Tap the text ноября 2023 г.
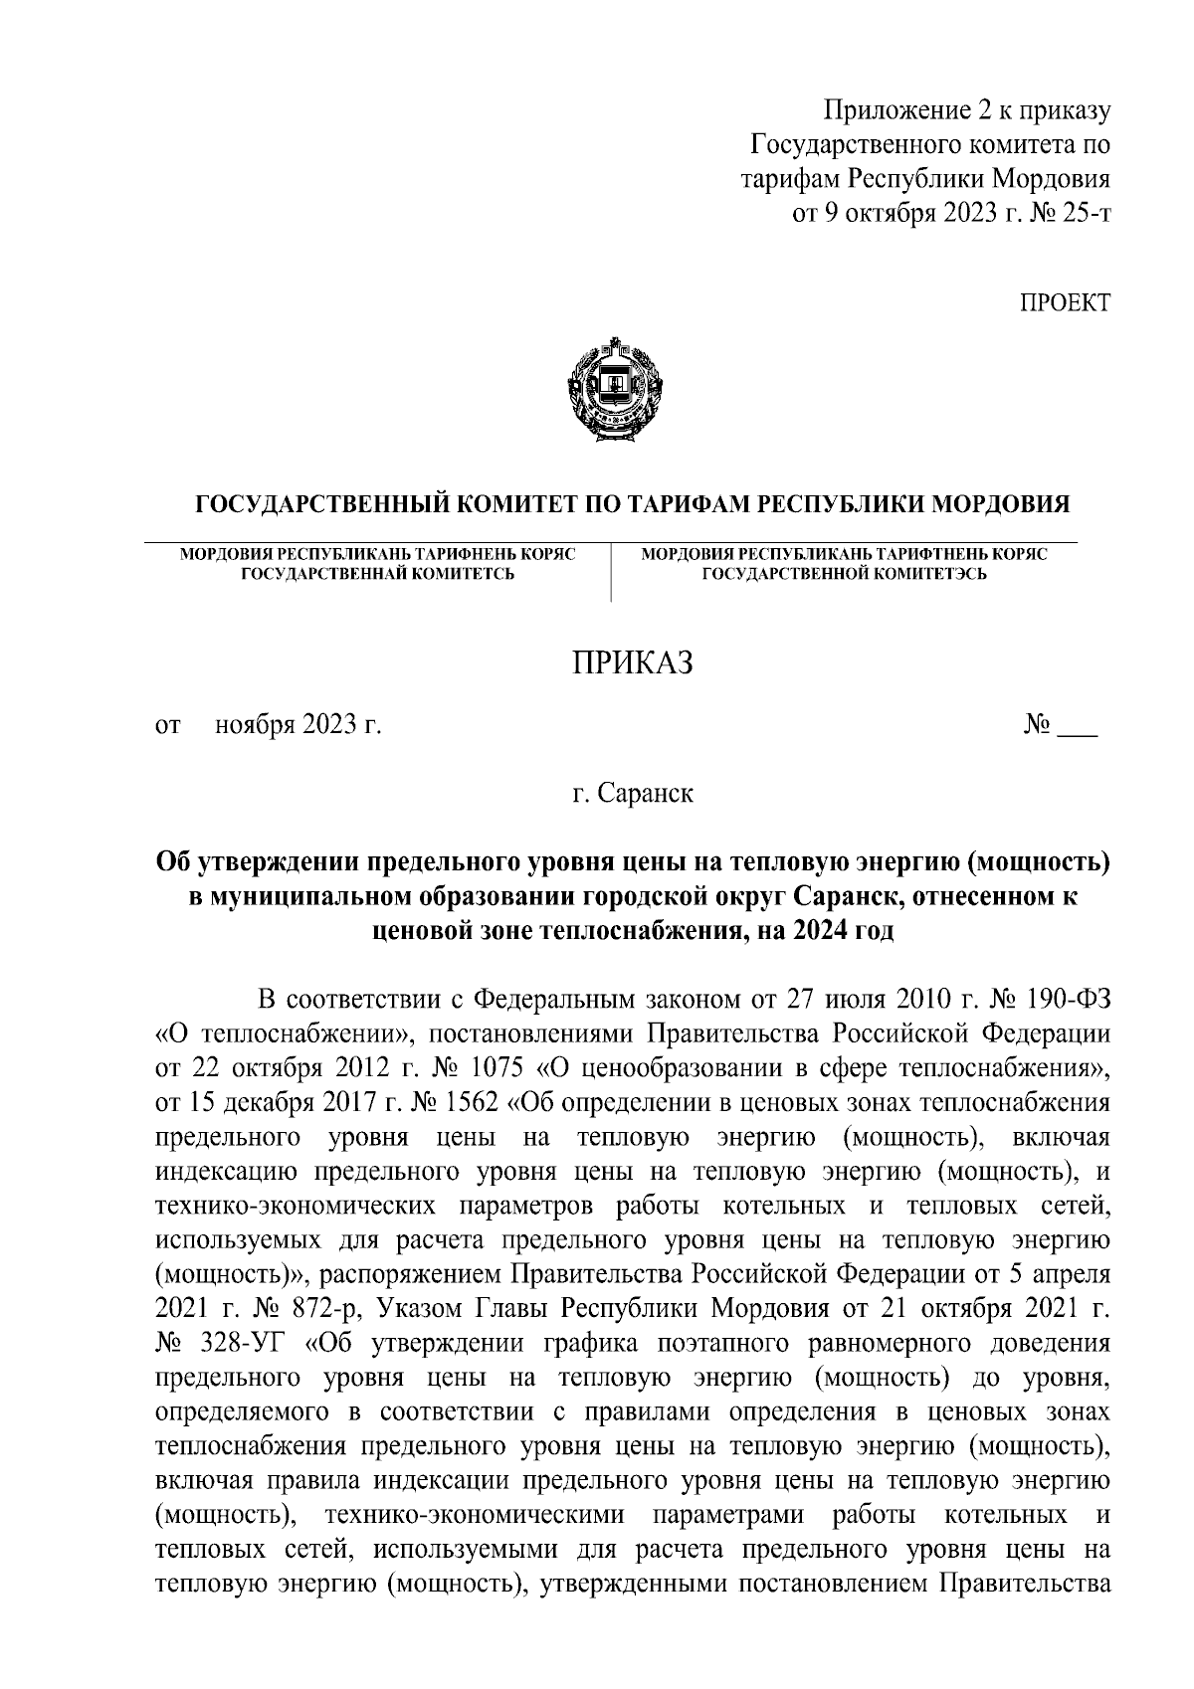298,727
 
